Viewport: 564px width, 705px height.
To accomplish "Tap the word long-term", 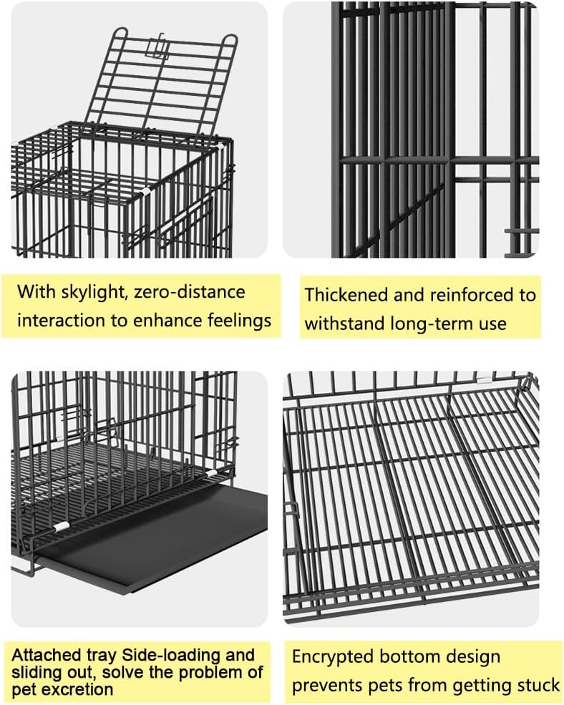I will (426, 323).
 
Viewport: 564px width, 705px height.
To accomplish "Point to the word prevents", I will (331, 685).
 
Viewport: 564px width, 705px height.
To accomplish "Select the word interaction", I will (62, 319).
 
